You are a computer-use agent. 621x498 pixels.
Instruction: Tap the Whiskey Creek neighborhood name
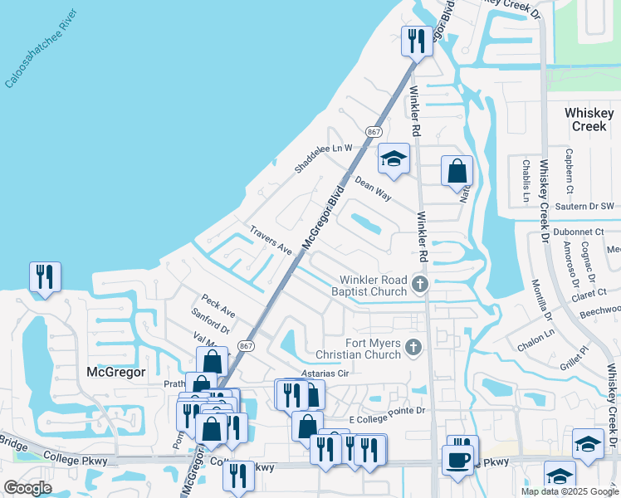[x=589, y=119]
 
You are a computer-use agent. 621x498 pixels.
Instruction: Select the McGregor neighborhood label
[x=116, y=373]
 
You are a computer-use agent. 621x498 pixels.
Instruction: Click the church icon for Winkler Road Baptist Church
[x=420, y=286]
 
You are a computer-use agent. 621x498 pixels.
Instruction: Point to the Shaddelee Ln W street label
[x=323, y=158]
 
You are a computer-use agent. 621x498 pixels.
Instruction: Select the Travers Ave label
[x=271, y=239]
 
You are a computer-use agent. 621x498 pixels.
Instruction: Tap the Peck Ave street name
[x=218, y=305]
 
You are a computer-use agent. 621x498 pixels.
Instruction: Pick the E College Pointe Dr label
[x=388, y=410]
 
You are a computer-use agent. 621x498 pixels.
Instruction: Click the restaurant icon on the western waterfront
[x=45, y=277]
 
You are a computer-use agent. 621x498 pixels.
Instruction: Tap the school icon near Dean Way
[x=393, y=159]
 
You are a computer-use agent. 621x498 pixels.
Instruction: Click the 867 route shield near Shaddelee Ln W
[x=374, y=132]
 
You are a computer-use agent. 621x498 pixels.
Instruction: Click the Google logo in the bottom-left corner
[x=28, y=488]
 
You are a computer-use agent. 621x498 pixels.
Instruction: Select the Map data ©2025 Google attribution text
[x=569, y=491]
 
